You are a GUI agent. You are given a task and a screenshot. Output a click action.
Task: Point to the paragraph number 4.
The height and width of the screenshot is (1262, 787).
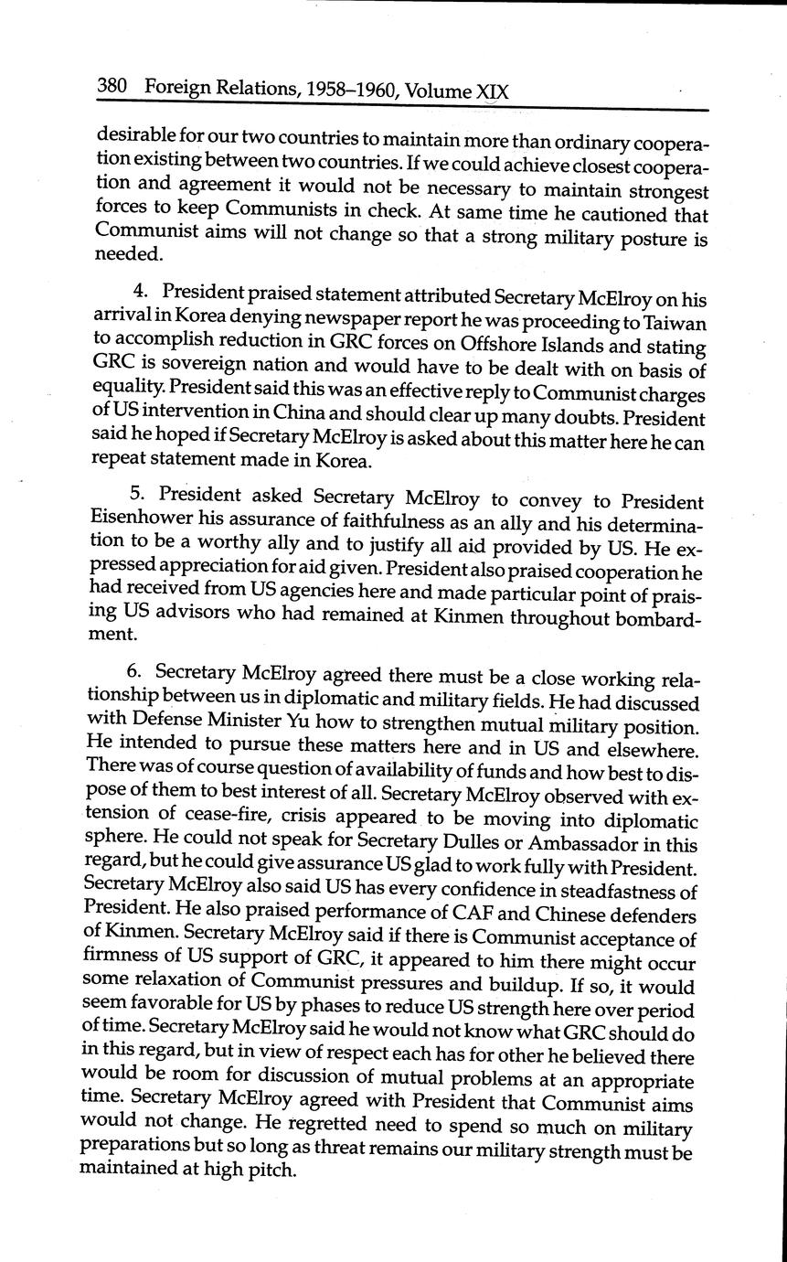coord(140,292)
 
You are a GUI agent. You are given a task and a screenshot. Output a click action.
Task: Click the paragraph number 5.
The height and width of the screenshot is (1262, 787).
coord(137,494)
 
